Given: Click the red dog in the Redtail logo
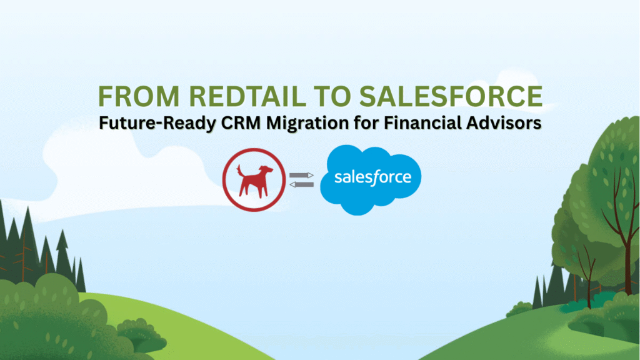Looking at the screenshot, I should click(x=252, y=179).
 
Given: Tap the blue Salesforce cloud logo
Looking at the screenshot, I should click(x=371, y=180).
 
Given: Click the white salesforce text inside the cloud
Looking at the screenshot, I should click(x=372, y=177).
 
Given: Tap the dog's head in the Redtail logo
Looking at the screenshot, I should click(x=267, y=169).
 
